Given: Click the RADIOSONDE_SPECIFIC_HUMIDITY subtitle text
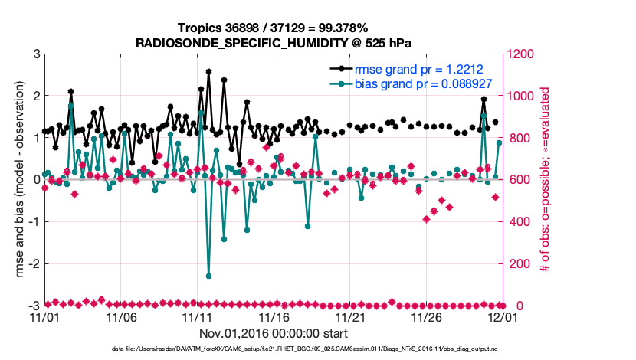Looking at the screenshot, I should [x=273, y=42].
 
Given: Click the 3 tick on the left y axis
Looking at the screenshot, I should [x=36, y=54].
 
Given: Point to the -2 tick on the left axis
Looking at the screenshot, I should [x=34, y=263].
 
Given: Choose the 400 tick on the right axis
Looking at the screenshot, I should [x=518, y=221].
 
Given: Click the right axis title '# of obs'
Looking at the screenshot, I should [x=545, y=180].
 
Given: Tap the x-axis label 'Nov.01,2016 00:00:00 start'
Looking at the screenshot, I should [x=273, y=333].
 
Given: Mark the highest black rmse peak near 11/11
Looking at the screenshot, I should [x=208, y=71].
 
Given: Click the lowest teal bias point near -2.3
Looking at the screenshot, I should [x=208, y=276].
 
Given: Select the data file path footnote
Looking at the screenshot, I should [x=273, y=349].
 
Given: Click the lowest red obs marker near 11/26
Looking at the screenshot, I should [x=427, y=219].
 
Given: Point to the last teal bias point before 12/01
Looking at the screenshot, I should [x=499, y=142].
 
